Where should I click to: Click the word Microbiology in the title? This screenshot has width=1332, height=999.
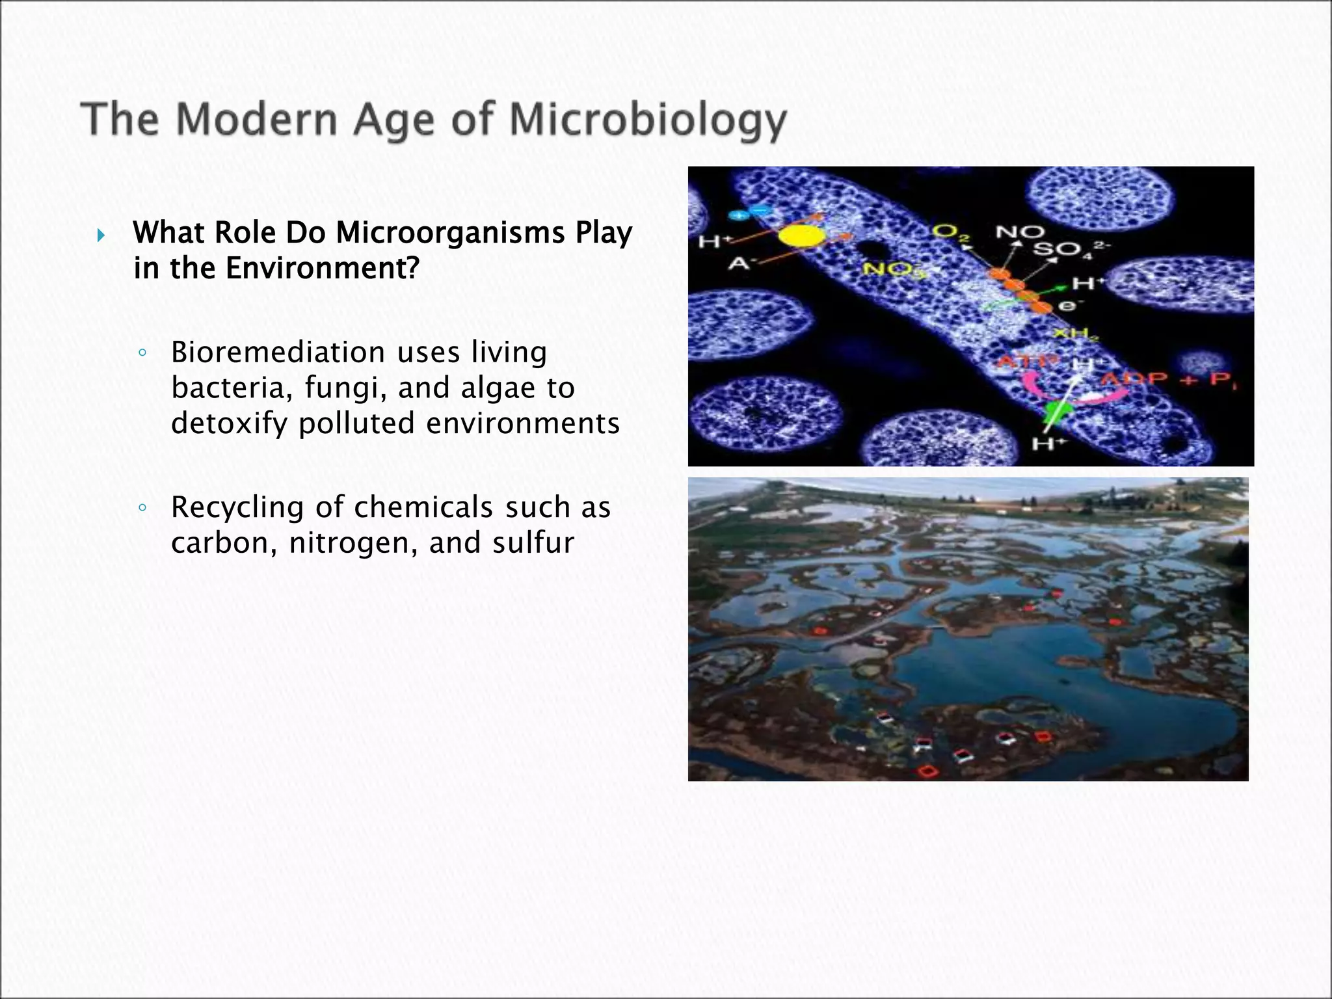pos(648,120)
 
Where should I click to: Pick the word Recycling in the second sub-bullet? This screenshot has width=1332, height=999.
pos(237,508)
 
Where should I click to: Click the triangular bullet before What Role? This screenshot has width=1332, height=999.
pos(100,235)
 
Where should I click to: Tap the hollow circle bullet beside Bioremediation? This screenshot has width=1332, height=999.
pos(142,354)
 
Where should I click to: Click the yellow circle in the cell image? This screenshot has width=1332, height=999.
pos(801,237)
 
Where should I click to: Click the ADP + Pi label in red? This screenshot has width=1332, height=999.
pos(1171,380)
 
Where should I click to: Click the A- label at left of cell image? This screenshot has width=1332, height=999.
pos(738,263)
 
